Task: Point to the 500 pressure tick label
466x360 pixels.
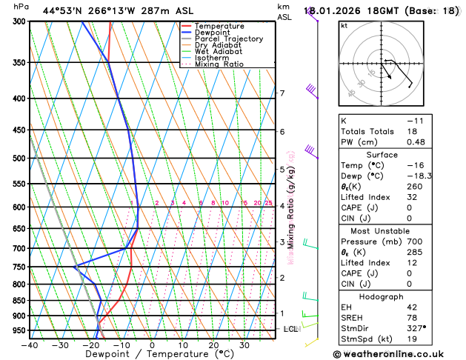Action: click(x=20, y=159)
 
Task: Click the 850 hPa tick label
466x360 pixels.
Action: click(x=20, y=301)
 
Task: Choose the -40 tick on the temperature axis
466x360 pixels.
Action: click(x=30, y=345)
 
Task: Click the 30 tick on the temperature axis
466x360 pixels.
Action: click(x=244, y=345)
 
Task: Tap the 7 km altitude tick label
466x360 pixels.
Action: click(x=282, y=93)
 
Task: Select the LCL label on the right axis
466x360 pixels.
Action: click(x=291, y=329)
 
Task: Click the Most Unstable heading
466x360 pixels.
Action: click(x=397, y=231)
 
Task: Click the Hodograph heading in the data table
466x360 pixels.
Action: click(x=397, y=296)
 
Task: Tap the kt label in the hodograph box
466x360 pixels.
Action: click(x=344, y=26)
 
